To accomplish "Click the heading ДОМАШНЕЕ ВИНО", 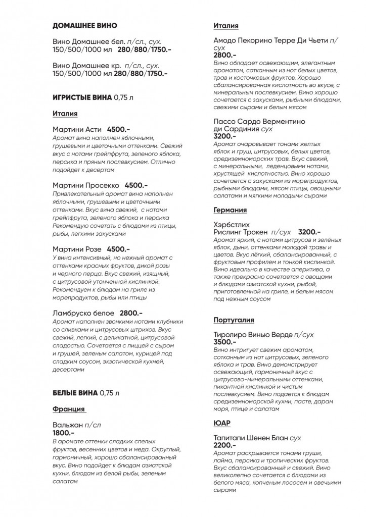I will (85, 26).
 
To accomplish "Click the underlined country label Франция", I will (68, 409).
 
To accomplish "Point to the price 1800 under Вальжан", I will (64, 433).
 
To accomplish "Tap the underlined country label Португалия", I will (234, 320).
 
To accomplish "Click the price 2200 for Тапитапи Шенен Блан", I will (225, 446).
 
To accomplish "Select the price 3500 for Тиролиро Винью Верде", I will (225, 342).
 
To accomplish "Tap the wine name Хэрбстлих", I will (232, 224).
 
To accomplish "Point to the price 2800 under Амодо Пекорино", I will (225, 55).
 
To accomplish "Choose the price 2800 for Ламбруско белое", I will (131, 314).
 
